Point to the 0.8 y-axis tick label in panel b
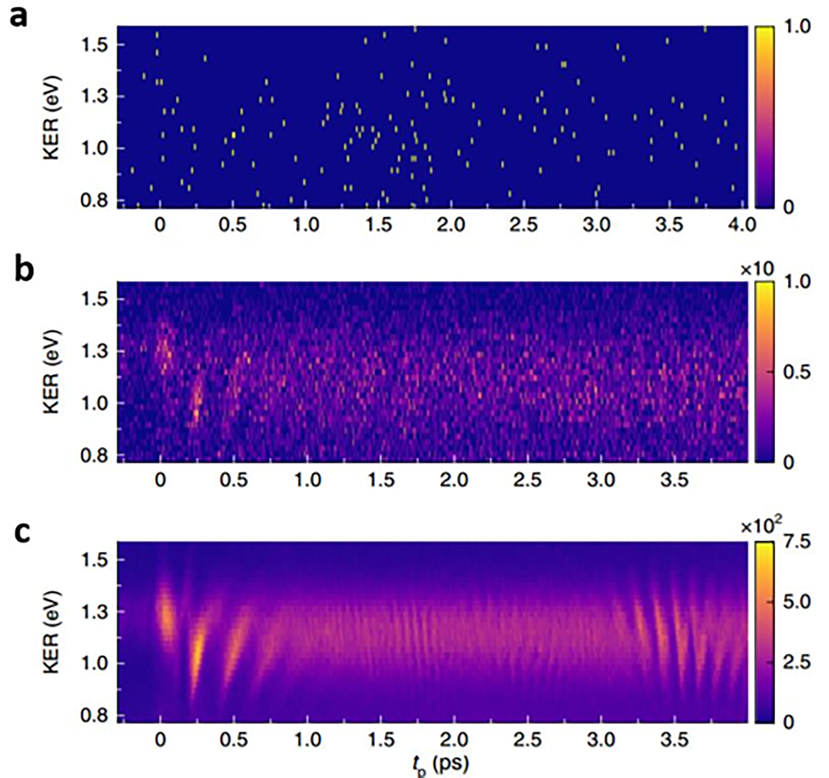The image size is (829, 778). click(95, 455)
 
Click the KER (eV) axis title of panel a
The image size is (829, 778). click(52, 118)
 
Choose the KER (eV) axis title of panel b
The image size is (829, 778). click(52, 372)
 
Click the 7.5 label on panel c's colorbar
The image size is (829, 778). click(797, 542)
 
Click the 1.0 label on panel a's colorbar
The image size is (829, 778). click(797, 27)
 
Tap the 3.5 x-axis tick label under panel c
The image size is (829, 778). click(674, 740)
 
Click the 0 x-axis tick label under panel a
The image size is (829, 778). click(160, 225)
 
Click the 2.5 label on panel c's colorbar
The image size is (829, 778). click(797, 662)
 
